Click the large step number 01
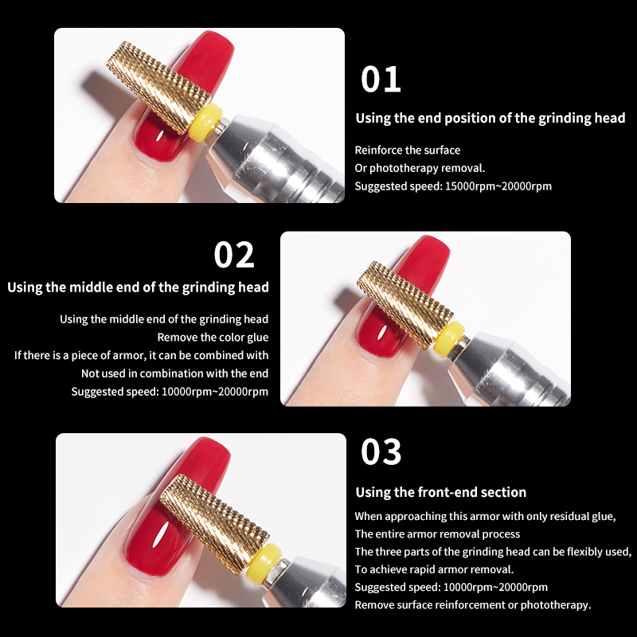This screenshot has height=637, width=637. click(x=381, y=79)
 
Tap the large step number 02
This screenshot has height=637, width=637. click(x=234, y=255)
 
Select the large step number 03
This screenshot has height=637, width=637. click(x=381, y=451)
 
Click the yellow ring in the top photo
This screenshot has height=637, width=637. click(x=205, y=123)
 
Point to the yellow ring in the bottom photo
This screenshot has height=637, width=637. click(x=264, y=559)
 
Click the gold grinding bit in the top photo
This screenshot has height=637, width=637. click(x=158, y=87)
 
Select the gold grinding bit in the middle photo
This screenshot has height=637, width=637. click(x=405, y=305)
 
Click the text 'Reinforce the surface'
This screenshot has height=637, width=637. click(x=408, y=150)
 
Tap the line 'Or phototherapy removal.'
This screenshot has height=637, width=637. click(x=420, y=168)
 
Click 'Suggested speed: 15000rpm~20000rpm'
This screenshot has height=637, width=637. click(x=453, y=186)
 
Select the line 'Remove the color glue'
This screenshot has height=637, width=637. click(x=213, y=338)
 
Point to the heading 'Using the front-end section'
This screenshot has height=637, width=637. click(x=441, y=492)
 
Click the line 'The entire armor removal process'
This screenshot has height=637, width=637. click(x=437, y=534)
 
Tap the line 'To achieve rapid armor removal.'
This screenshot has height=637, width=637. click(x=434, y=569)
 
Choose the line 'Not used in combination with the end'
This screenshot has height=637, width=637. click(x=174, y=373)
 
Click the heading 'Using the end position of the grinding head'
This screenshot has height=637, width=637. click(x=490, y=118)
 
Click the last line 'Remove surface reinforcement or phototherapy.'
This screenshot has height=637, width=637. click(x=473, y=605)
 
